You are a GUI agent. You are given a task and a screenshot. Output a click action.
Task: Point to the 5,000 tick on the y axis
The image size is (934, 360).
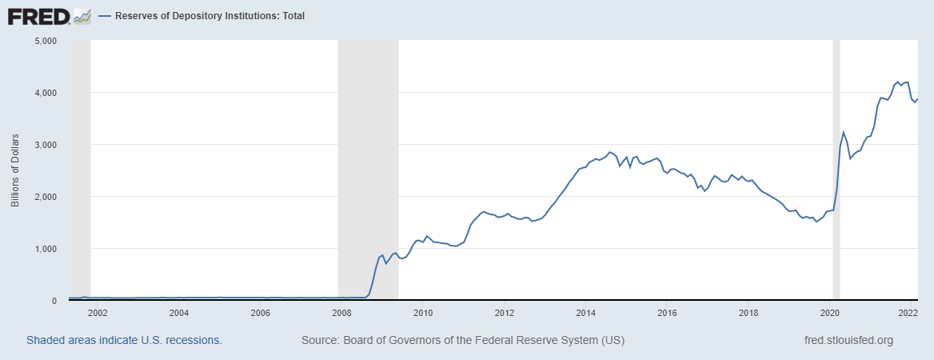[x=44, y=41]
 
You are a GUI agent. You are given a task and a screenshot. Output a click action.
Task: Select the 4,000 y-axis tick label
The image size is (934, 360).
[x=44, y=93]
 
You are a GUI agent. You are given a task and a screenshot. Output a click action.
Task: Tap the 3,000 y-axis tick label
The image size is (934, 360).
[x=44, y=145]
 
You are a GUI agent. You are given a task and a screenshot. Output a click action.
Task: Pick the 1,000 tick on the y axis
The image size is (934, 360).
[x=44, y=249]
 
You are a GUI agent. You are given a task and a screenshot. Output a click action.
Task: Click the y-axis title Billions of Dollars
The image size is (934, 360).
[x=14, y=170]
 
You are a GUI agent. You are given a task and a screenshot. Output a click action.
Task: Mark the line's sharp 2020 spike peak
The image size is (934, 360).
[x=843, y=133]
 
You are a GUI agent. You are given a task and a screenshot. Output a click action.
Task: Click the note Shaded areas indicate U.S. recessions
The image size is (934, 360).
[x=124, y=340]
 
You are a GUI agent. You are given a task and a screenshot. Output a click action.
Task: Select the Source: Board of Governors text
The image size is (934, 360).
[x=462, y=340]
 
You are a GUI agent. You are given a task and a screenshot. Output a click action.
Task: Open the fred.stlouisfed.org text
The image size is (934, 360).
[x=848, y=340]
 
